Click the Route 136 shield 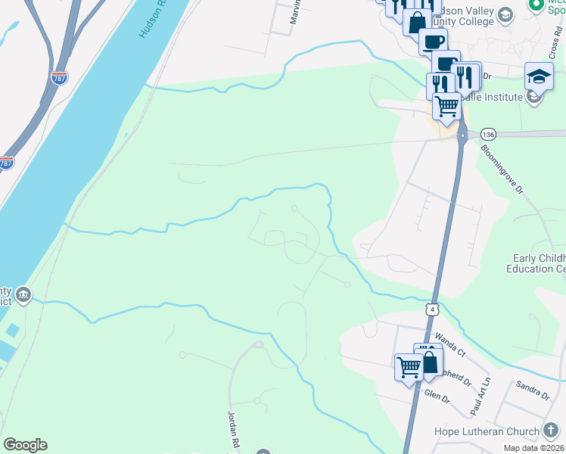point(487,134)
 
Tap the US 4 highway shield point(431,309)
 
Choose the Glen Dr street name point(437,396)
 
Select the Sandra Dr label point(532,390)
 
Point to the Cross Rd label point(555,46)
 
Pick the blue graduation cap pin point(539,76)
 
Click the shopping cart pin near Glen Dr point(409,367)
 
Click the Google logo point(25,445)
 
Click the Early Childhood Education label point(539,263)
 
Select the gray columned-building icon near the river point(23,294)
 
